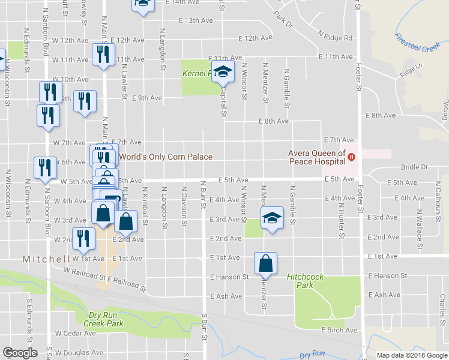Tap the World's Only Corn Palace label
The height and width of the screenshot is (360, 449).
pyautogui.click(x=166, y=157)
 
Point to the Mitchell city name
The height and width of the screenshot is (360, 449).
pyautogui.click(x=47, y=259)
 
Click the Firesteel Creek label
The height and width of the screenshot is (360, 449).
pyautogui.click(x=417, y=41)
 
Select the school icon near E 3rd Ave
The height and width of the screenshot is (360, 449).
pyautogui.click(x=271, y=218)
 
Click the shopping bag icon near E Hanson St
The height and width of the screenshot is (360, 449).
pyautogui.click(x=265, y=263)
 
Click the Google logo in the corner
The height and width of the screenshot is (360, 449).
pyautogui.click(x=20, y=353)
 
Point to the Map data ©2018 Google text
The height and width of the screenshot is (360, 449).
pyautogui.click(x=411, y=355)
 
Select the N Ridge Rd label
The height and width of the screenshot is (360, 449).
pyautogui.click(x=336, y=37)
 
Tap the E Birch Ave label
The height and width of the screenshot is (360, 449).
pyautogui.click(x=339, y=330)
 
